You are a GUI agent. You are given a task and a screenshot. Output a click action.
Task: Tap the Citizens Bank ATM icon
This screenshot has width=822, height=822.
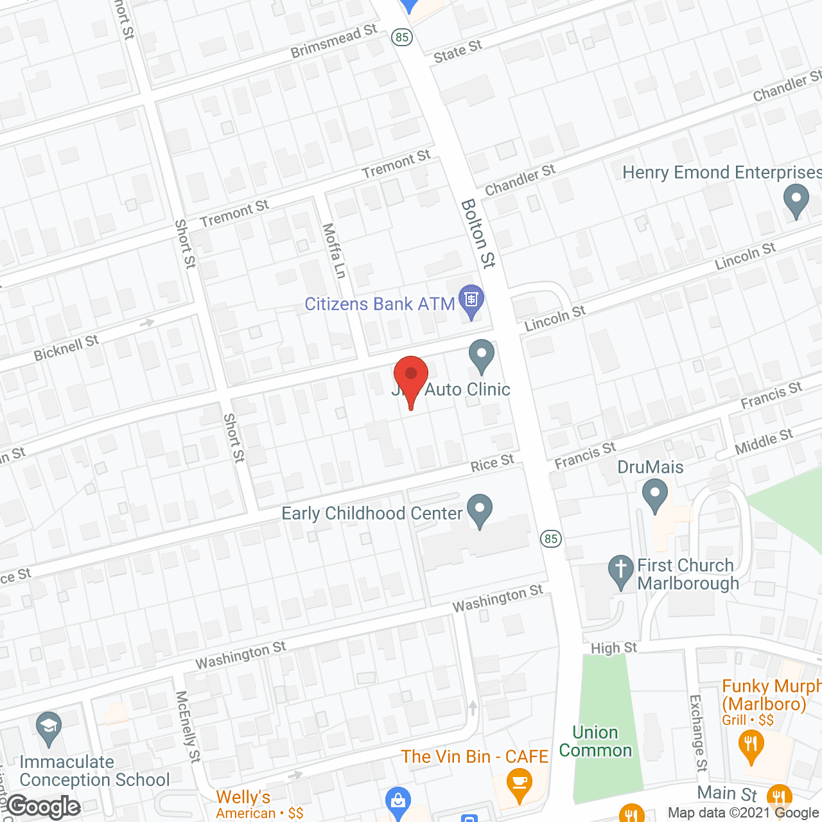coord(472,300)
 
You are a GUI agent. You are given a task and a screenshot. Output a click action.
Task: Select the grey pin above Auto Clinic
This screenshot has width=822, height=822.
coord(482,354)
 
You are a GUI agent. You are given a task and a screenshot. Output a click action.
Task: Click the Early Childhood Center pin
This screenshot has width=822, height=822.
coord(480,509)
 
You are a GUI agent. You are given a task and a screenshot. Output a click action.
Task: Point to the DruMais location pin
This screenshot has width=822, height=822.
coord(654,496)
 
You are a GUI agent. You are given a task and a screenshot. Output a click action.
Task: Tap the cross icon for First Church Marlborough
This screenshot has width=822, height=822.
coord(620,570)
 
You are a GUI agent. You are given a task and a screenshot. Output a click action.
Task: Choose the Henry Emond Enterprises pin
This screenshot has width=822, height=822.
coord(796,199)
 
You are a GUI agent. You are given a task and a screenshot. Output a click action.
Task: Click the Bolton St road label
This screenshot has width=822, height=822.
coord(478,233)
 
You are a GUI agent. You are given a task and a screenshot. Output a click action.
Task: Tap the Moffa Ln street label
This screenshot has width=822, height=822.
coord(334,250)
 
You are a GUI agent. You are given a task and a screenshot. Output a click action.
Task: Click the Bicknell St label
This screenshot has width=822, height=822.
coord(66,347)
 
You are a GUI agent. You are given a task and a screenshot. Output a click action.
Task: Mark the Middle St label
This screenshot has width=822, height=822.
coord(764,442)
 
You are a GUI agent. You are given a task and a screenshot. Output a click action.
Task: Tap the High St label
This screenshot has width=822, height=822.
coord(614,648)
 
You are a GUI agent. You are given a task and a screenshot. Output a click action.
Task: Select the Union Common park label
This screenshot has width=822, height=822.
coord(595,741)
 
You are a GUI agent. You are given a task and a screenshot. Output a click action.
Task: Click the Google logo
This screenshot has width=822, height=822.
coord(44,807)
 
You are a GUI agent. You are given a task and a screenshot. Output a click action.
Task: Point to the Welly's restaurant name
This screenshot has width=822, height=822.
coord(243,797)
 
